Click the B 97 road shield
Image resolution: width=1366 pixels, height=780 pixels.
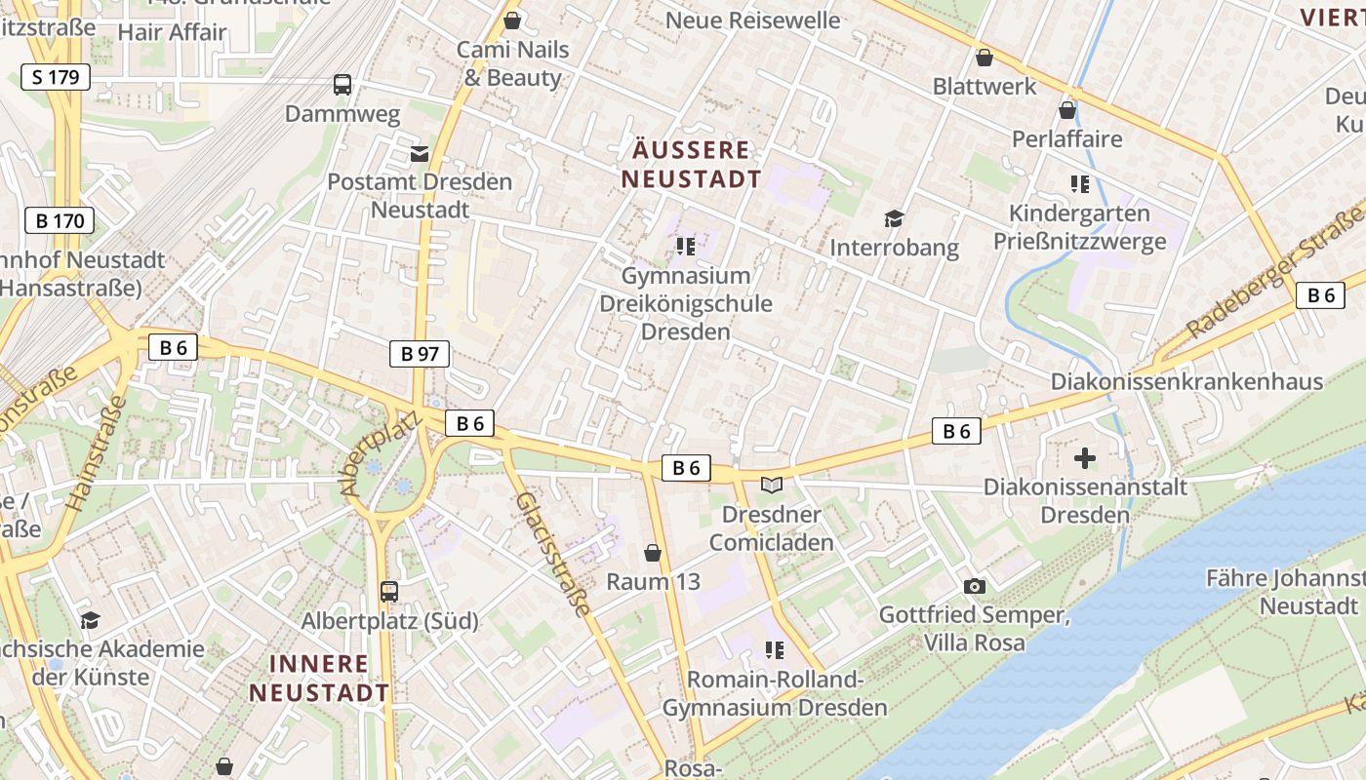(421, 353)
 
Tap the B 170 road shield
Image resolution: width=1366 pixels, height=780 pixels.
(60, 220)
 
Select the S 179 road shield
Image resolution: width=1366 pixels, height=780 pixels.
(56, 77)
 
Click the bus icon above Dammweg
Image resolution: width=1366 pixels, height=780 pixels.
(342, 85)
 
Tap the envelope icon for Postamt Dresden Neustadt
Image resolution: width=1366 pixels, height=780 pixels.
(420, 153)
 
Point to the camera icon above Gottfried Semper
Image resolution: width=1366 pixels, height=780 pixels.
(974, 586)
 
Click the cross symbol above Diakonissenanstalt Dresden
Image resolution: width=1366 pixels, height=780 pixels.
(1085, 457)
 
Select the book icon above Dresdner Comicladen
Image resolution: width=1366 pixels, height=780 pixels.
(772, 485)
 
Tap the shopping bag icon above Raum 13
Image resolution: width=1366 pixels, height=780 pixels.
(653, 553)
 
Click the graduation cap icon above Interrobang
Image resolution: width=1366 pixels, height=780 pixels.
(894, 218)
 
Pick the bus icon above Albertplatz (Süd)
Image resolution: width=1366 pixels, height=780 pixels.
(389, 591)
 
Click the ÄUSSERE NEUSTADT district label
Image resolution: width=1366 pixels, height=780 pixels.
(692, 165)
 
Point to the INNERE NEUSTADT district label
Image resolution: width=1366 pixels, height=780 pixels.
(319, 679)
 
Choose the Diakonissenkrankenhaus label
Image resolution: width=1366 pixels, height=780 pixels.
(1186, 381)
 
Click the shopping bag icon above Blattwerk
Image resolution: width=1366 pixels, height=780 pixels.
(984, 58)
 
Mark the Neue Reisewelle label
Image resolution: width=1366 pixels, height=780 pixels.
(752, 19)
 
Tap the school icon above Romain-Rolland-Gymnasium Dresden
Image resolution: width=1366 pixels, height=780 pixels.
(775, 649)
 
